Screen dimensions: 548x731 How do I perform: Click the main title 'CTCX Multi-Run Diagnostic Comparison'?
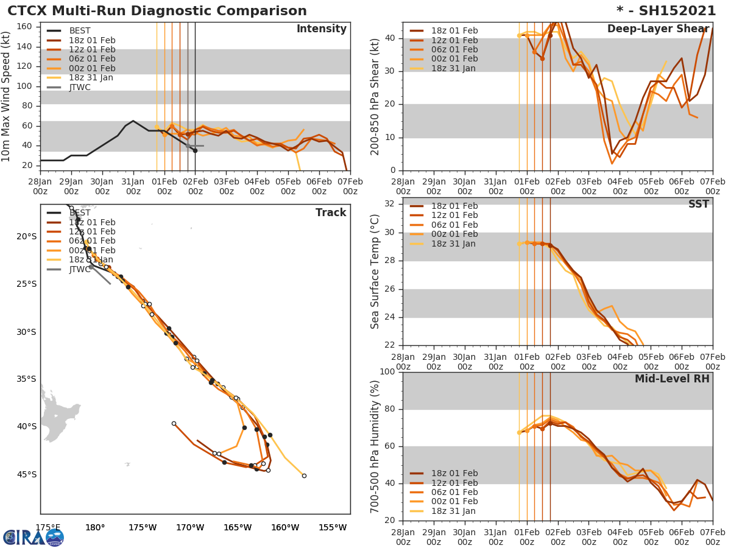[157, 11]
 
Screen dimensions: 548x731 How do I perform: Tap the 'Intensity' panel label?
[321, 29]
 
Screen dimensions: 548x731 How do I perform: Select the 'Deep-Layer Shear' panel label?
[658, 29]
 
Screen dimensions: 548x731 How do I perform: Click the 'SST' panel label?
[698, 205]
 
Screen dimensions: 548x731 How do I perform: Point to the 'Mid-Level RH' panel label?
[671, 379]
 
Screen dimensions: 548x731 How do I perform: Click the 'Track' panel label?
[330, 213]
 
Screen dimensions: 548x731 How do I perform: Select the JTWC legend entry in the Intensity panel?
[80, 87]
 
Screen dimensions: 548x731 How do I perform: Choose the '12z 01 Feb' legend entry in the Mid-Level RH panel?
[454, 483]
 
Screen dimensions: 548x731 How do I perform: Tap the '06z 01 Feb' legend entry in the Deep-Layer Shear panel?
[454, 49]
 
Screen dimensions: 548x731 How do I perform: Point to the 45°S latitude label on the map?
[26, 474]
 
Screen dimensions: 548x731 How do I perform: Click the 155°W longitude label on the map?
[332, 528]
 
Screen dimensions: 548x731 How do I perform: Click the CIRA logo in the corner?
[34, 537]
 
